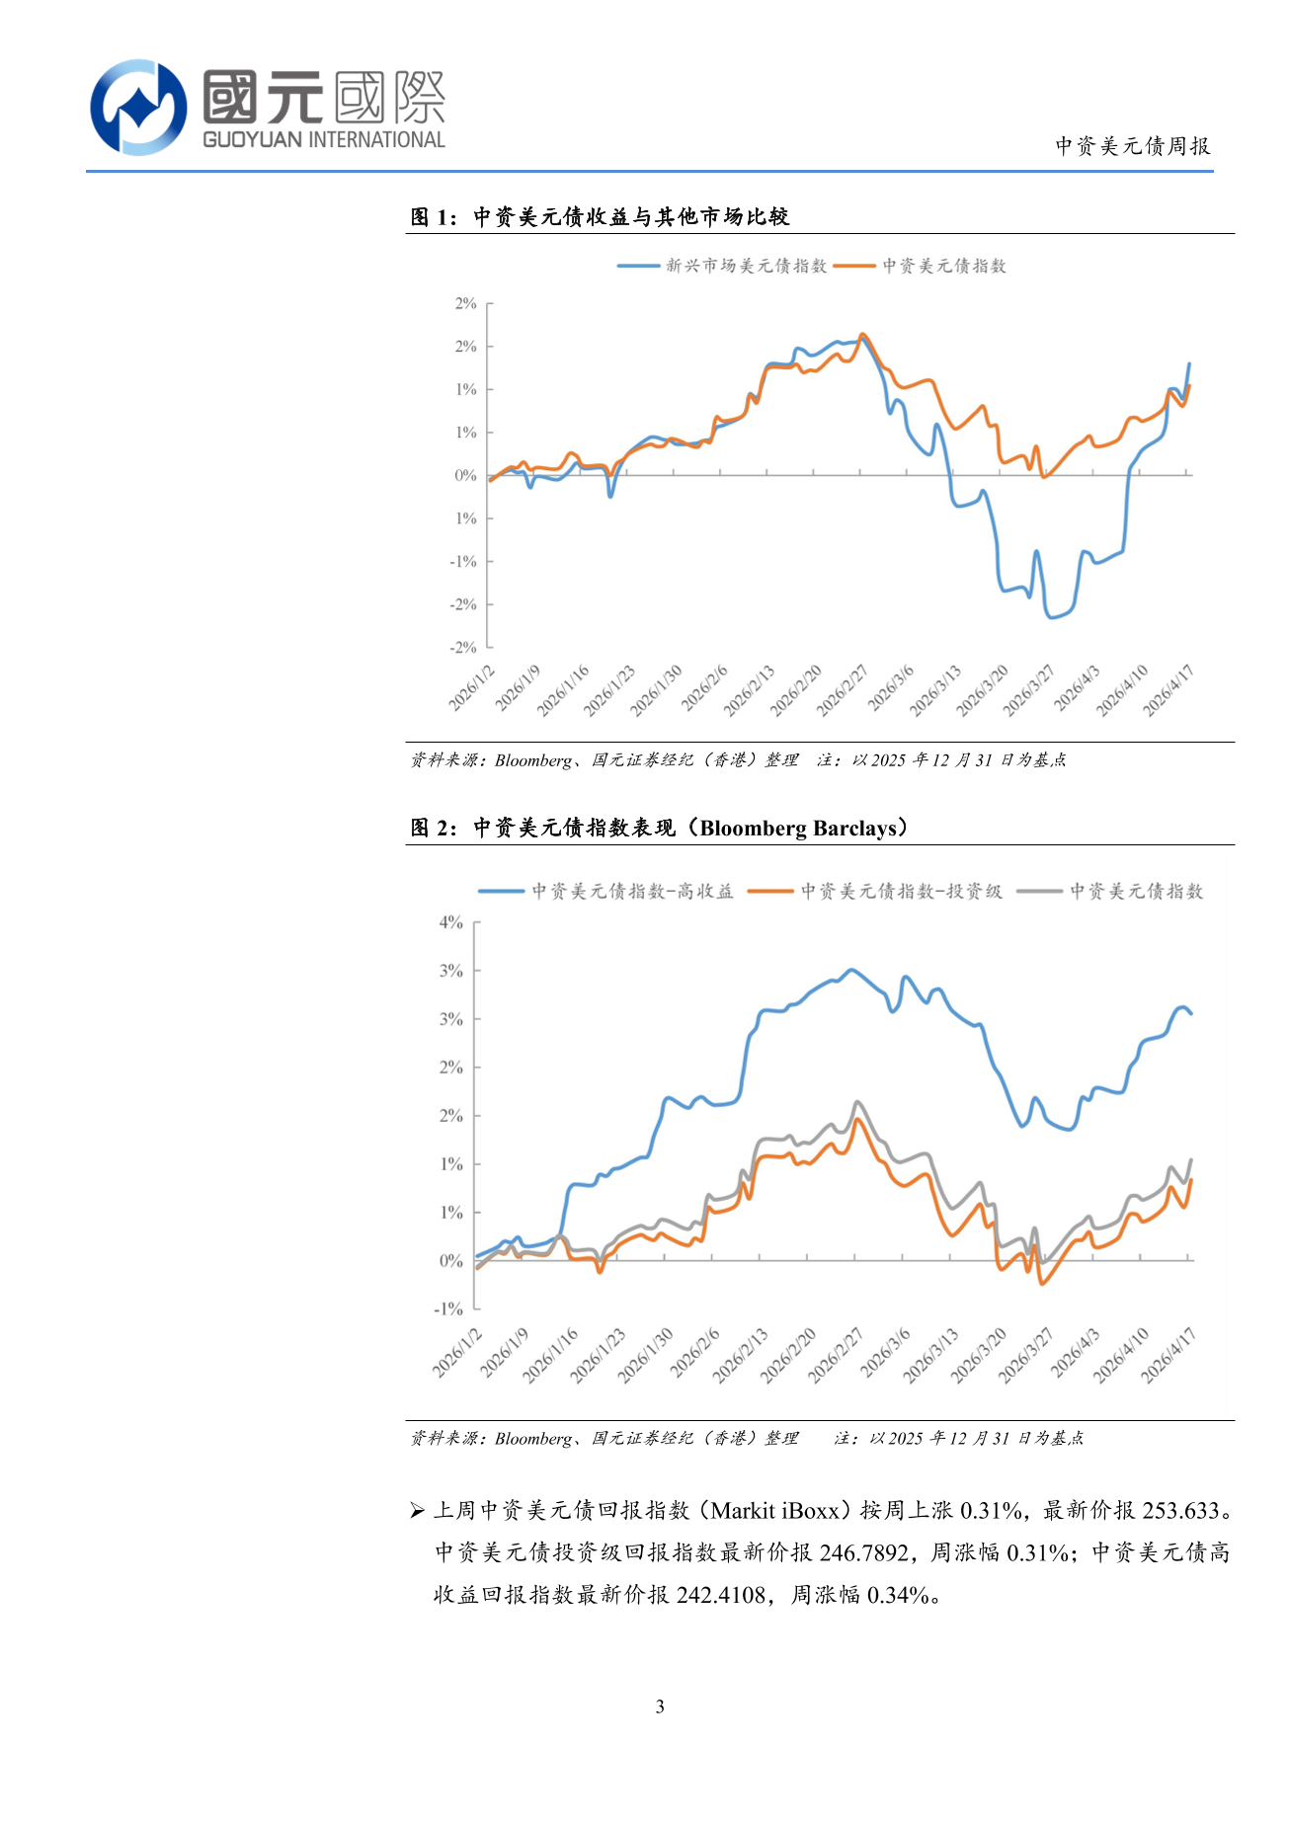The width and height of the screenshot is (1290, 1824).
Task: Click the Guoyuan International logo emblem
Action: [138, 107]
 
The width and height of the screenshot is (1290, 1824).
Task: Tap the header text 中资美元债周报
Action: [1132, 146]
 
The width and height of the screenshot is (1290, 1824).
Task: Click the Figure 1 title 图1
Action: [433, 217]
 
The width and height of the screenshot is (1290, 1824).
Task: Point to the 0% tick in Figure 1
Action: [465, 476]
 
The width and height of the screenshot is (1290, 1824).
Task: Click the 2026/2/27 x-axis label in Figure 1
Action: [843, 689]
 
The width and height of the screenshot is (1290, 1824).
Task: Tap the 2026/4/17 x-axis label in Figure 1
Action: [1169, 689]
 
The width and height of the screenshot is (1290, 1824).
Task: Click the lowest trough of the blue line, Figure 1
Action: [1052, 617]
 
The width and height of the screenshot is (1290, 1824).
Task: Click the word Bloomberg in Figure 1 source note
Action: [533, 760]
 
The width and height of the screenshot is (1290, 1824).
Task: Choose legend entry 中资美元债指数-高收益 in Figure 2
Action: [632, 892]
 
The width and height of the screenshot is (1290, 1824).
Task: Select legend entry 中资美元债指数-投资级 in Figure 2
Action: [901, 892]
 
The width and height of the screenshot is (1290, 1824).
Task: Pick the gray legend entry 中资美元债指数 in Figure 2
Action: [1136, 892]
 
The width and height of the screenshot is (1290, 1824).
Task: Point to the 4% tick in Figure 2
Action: [451, 922]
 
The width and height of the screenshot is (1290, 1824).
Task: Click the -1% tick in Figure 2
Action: [448, 1309]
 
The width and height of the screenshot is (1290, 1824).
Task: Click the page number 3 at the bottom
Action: [660, 1706]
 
